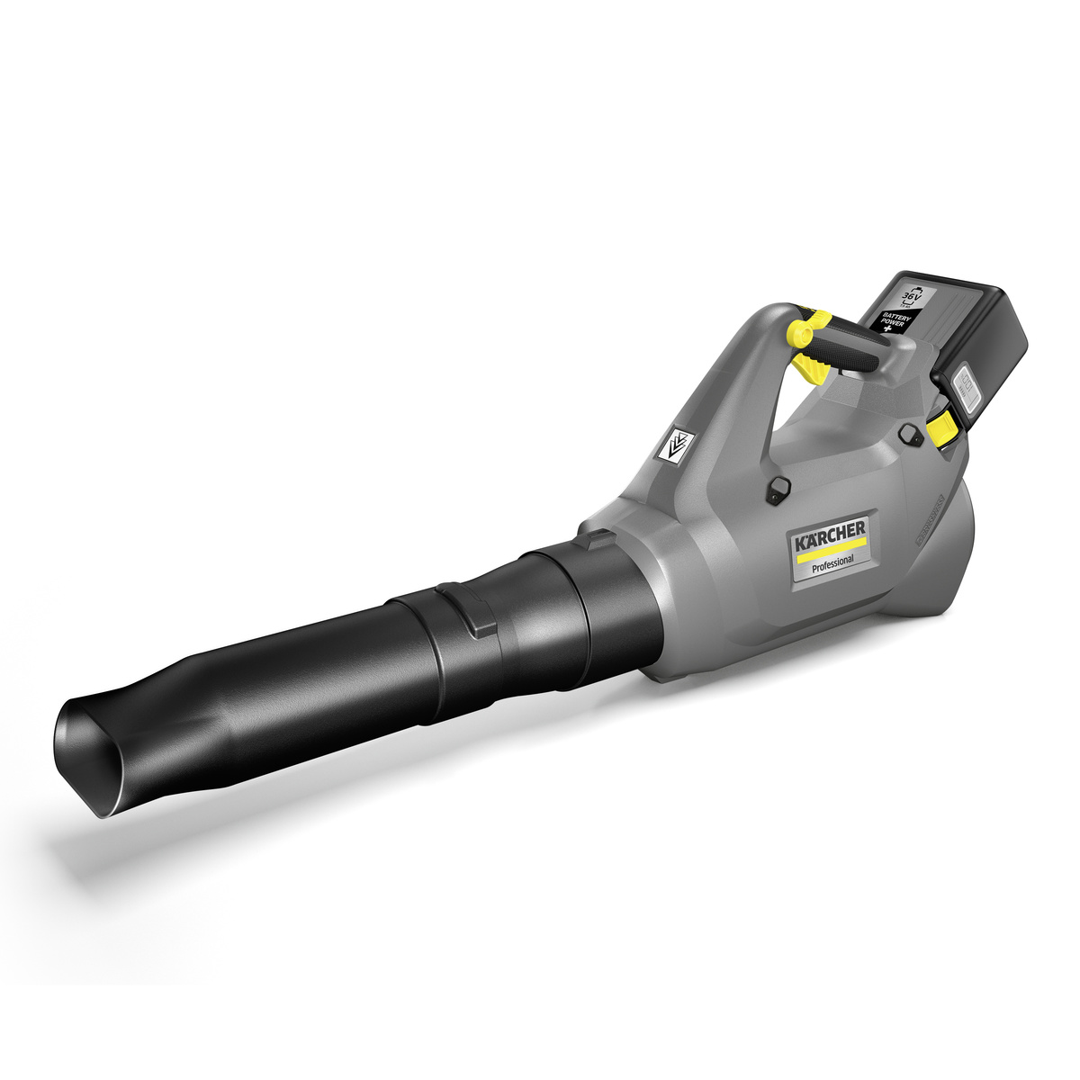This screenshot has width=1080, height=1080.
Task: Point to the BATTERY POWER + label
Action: tap(895, 319)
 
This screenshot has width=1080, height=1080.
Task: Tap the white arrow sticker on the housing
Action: tap(675, 445)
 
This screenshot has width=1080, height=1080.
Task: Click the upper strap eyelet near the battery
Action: tap(909, 435)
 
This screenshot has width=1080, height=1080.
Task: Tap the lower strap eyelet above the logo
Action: tap(775, 488)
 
